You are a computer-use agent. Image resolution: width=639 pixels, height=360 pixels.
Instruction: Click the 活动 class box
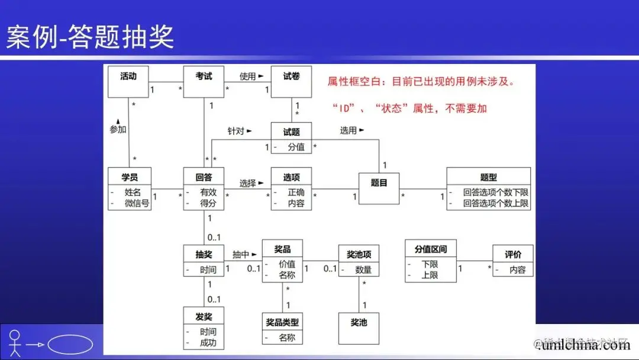tap(128, 81)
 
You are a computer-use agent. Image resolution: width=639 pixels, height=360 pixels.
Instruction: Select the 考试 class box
tap(204, 81)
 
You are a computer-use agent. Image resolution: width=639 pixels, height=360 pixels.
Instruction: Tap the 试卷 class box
tap(291, 81)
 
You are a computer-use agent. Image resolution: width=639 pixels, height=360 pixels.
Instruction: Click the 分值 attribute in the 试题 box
tap(296, 147)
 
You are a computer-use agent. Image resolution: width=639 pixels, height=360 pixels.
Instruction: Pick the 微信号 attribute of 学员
tap(137, 204)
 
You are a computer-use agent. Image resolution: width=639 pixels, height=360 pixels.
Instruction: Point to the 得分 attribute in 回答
tap(208, 204)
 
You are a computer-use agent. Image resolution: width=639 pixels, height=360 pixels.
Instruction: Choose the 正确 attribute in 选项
tap(296, 192)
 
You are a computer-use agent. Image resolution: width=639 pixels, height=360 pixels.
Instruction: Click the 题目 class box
tap(379, 188)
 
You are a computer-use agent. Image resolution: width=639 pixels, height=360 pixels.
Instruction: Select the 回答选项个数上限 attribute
tap(496, 204)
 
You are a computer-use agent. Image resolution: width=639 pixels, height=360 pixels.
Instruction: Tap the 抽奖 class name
tap(204, 255)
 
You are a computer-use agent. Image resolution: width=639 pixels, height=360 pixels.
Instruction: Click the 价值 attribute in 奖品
tap(287, 264)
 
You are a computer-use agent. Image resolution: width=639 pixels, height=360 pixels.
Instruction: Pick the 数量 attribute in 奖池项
tap(363, 269)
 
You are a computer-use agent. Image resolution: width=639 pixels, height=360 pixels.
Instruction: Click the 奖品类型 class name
tap(282, 322)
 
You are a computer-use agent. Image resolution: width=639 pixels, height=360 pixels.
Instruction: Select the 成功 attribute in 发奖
tap(208, 343)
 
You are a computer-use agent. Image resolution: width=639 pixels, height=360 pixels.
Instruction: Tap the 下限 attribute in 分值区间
tap(430, 264)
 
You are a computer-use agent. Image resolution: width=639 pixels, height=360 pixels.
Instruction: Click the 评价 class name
tap(512, 255)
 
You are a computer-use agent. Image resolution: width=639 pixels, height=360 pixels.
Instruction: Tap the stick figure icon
tap(15, 343)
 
